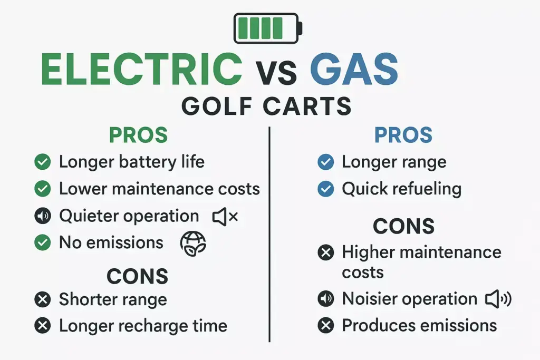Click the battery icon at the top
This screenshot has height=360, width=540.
coord(268,28)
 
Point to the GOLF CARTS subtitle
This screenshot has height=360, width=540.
coord(266,106)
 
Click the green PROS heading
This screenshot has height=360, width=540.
coord(138,135)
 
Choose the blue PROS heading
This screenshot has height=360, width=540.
coord(403,135)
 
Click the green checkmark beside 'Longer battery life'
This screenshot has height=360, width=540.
coord(42,162)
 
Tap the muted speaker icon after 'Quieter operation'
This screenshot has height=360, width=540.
coord(225,217)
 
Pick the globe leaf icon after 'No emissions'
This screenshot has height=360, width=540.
coord(193,244)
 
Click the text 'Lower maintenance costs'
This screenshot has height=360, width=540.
coord(159,189)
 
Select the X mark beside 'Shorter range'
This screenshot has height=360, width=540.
coord(42,300)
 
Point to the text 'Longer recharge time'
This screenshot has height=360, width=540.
coord(143,326)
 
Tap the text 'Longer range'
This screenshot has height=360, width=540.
coord(394,162)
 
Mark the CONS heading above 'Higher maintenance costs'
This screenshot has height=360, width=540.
coord(403,226)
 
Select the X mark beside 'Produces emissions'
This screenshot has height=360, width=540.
coord(326,326)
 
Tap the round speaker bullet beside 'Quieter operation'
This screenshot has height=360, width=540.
coord(42,216)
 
